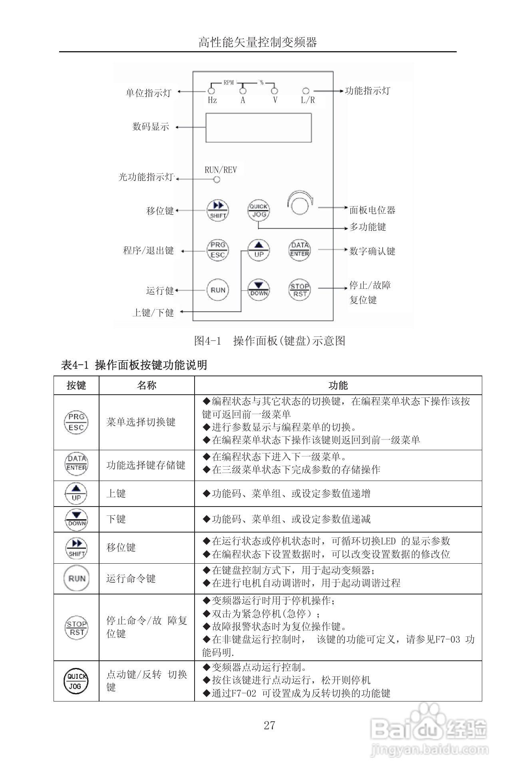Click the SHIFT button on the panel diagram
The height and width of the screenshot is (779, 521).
[x=217, y=210]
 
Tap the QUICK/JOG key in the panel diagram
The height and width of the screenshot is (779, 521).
[x=259, y=210]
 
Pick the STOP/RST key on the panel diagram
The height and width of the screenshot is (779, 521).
[x=300, y=290]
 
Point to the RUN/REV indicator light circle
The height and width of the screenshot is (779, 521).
[x=217, y=180]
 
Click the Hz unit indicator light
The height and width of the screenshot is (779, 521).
[x=212, y=91]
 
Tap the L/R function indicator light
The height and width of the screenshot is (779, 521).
[x=306, y=91]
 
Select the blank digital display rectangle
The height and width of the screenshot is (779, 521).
[x=259, y=127]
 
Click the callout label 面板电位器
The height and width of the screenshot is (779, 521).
[x=372, y=210]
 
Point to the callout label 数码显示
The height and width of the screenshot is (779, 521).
[x=151, y=127]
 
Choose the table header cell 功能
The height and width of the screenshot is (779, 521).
[x=338, y=386]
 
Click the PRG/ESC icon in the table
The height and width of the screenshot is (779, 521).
[x=76, y=422]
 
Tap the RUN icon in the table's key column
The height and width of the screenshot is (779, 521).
[x=76, y=578]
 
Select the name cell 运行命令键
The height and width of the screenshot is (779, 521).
[x=131, y=578]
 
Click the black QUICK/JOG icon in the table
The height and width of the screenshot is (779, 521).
[x=76, y=681]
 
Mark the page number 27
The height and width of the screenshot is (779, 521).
[x=269, y=725]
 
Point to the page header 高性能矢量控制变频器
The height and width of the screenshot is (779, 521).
[x=258, y=42]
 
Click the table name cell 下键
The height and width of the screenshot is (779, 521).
[x=116, y=519]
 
